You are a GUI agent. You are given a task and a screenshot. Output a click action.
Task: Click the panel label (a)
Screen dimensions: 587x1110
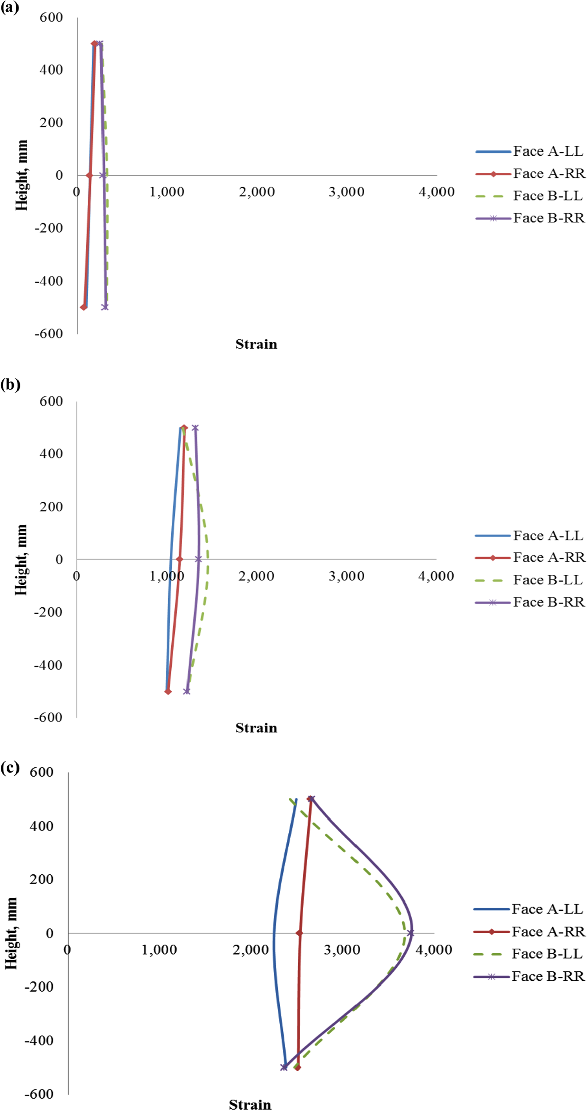[x=10, y=7]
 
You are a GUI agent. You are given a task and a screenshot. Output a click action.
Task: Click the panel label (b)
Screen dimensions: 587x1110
[x=10, y=384]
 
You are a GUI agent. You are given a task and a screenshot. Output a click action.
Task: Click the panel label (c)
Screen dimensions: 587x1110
[x=10, y=767]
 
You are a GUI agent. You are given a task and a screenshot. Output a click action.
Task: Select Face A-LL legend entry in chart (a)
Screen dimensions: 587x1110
[x=529, y=151]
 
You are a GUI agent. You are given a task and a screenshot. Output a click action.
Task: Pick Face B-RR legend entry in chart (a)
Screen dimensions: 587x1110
[x=530, y=218]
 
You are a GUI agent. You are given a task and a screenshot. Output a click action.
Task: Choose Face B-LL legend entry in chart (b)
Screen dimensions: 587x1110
[x=529, y=580]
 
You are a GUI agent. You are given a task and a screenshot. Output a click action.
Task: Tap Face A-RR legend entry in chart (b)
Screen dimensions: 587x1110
[x=530, y=557]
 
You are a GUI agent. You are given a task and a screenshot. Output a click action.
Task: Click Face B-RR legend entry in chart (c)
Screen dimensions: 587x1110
[x=529, y=976]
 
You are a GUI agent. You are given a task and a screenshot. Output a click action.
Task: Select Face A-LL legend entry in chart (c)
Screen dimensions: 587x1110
[x=528, y=909]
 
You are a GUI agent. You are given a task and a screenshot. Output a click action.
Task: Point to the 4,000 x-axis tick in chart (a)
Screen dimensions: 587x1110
[x=437, y=192]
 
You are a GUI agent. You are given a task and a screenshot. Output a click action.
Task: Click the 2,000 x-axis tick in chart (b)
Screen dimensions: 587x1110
[x=256, y=576]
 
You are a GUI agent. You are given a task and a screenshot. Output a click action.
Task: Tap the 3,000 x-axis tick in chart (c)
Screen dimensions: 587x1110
[x=342, y=950]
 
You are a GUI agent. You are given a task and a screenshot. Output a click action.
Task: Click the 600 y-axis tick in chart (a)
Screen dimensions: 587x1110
[x=51, y=17]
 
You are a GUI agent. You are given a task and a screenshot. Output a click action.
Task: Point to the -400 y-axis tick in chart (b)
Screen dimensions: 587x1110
[x=48, y=665]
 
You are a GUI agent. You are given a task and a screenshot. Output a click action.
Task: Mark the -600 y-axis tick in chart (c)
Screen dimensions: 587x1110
[x=39, y=1093]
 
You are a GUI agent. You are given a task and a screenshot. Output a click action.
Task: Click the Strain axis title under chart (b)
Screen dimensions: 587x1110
[x=256, y=728]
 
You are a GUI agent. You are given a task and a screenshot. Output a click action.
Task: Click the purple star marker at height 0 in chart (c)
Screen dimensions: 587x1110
[x=410, y=933]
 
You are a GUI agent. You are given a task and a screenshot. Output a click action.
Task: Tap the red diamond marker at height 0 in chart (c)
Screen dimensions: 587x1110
[x=299, y=933]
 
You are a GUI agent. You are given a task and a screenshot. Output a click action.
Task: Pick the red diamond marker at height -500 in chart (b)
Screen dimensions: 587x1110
[x=168, y=691]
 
